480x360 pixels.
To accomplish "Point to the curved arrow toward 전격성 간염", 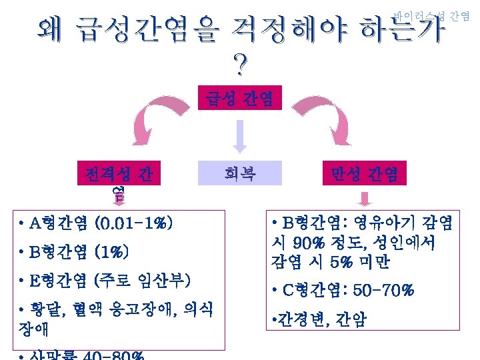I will [153, 120].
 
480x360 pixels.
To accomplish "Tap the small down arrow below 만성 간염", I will [365, 199].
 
